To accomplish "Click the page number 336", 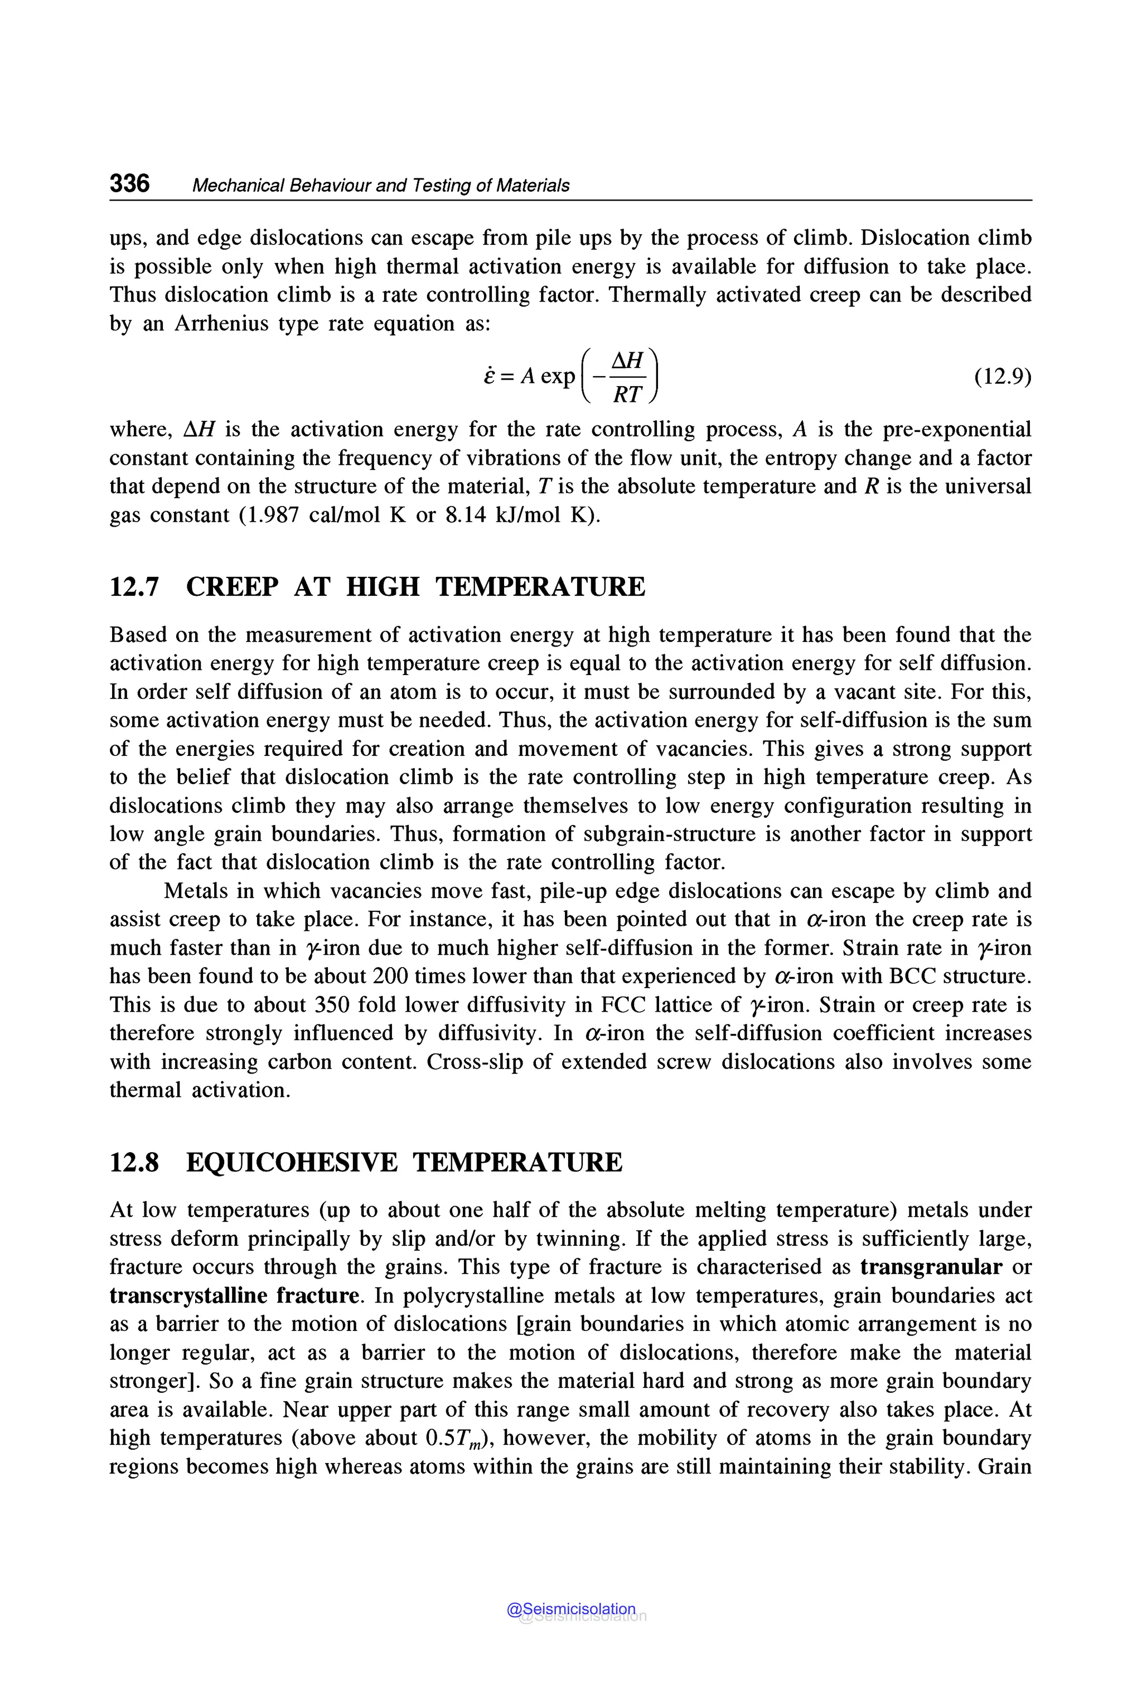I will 129,183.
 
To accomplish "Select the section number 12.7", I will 134,587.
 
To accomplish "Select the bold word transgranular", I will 931,1267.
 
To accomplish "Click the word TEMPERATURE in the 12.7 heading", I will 540,587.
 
